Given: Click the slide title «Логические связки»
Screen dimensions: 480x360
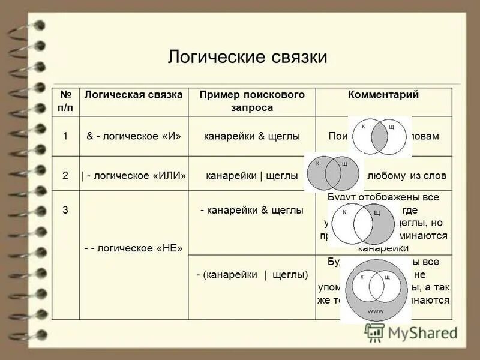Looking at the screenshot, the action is coord(247,57).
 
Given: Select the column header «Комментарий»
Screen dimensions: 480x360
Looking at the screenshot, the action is coord(383,95).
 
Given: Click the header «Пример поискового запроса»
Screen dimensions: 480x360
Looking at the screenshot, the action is coord(252,101).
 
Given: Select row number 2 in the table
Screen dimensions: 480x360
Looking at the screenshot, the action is coord(65,175).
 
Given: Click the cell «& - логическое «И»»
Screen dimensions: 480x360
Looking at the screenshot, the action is coord(134,136).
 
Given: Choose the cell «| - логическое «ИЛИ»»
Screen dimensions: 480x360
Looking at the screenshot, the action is coord(134,175).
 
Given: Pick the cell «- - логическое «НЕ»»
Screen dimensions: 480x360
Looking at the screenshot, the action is coord(134,247).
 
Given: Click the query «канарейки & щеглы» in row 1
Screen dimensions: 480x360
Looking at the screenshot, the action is coord(252,136).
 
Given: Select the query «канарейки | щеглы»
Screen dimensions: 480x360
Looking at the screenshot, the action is coord(252,175).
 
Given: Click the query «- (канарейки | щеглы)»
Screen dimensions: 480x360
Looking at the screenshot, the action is coord(252,275).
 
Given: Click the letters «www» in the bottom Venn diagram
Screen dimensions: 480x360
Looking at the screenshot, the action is coord(376,311).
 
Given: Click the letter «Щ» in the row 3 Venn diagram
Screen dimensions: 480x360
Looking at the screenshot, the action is coord(376,212).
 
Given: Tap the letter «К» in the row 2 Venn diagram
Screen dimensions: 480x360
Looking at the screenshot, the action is coord(318,163).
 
